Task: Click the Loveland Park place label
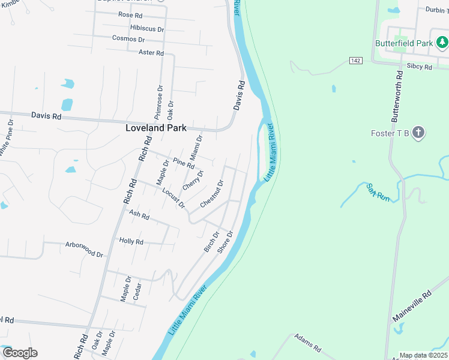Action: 155,128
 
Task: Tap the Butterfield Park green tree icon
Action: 442,42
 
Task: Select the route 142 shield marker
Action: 356,61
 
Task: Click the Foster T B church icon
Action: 419,133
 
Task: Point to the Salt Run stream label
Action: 379,193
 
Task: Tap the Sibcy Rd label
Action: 419,67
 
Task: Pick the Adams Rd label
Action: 308,343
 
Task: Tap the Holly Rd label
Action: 131,242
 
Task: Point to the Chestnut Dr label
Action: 212,194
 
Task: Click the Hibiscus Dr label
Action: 146,28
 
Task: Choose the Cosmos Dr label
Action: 128,39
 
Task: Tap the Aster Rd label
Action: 151,53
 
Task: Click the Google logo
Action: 19,353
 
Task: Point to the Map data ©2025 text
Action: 423,355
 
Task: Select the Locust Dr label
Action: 173,199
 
